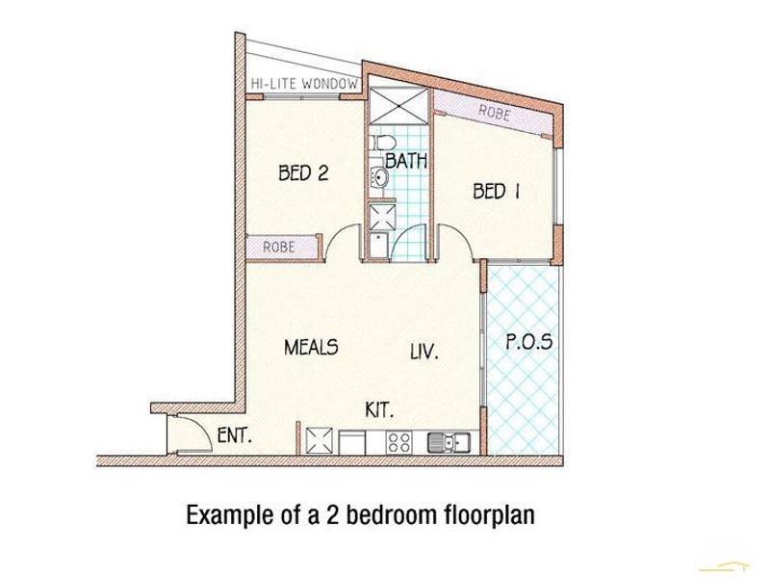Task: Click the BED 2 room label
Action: [x=303, y=173]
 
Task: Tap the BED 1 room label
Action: [x=496, y=191]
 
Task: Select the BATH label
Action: [x=406, y=161]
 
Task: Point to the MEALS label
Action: [x=311, y=347]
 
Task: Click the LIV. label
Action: [x=424, y=352]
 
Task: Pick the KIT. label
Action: [x=379, y=410]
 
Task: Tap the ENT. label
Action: [x=235, y=435]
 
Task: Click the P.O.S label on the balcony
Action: [x=528, y=342]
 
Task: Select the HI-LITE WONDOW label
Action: [x=304, y=84]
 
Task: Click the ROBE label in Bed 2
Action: [x=279, y=247]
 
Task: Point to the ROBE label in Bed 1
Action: [x=495, y=113]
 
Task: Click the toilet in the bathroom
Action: [x=383, y=143]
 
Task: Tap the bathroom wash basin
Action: [x=379, y=176]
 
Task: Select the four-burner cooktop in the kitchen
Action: [x=398, y=441]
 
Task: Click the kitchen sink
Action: [x=449, y=441]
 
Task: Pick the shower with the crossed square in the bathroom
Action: [x=399, y=106]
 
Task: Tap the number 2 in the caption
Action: [x=332, y=515]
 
